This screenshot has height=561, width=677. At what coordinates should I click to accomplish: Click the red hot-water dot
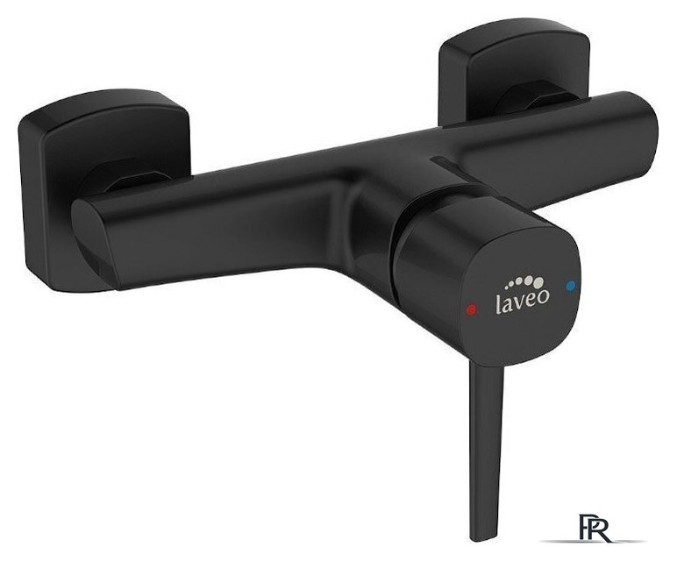(x=471, y=309)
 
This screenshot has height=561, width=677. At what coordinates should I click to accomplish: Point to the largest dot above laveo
(x=538, y=282)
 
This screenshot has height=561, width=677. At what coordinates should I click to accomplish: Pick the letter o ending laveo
(x=544, y=295)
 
